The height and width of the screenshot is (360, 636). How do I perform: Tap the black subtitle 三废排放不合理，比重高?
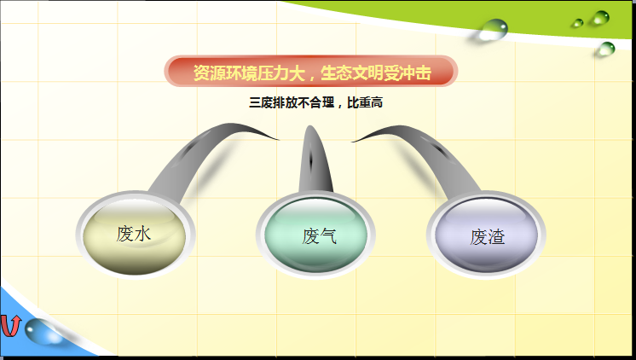315,102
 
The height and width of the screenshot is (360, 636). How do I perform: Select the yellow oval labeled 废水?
135,235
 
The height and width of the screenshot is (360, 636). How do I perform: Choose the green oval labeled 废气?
315,235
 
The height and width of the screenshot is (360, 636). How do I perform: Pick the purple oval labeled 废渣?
486,235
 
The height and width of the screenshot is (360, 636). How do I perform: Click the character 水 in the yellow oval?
142,234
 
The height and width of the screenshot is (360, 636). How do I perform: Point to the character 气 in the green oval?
328,235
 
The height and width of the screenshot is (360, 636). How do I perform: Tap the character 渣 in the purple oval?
496,237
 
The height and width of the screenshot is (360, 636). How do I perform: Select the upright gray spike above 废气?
315,162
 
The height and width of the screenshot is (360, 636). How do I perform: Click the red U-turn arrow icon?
10,326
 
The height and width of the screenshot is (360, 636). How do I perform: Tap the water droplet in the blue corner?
41,331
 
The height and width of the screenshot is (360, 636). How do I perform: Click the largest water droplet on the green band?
493,29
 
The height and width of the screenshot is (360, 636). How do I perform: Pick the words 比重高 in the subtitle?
365,102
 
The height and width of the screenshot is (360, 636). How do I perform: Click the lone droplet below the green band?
606,49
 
